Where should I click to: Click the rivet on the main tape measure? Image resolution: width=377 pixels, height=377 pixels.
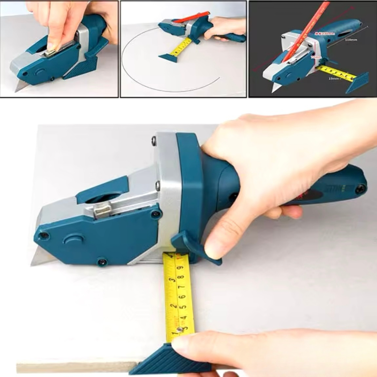(x=180, y=329)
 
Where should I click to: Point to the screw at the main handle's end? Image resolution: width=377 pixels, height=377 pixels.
(x=360, y=189)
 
